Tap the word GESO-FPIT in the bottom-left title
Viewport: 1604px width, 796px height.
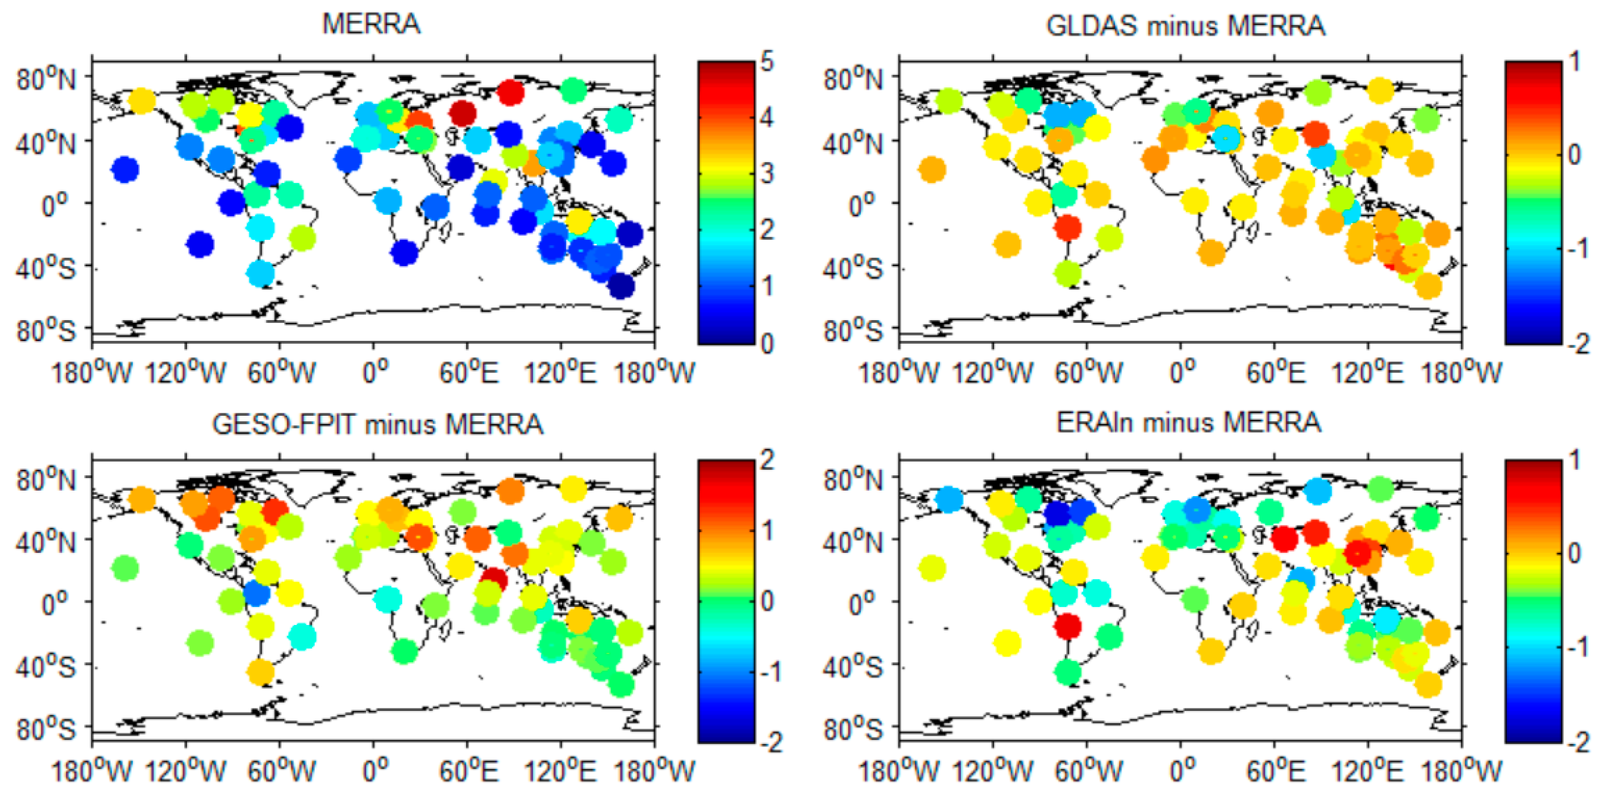click(284, 424)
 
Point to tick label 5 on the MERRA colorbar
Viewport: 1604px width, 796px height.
click(767, 62)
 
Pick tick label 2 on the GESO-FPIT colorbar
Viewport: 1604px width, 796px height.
click(767, 460)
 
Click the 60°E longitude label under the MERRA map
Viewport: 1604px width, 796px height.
click(468, 372)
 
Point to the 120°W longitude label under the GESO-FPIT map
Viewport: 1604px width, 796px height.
click(186, 772)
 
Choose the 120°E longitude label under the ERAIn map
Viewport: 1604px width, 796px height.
click(1368, 772)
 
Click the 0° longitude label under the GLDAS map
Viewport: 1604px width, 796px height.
click(1181, 372)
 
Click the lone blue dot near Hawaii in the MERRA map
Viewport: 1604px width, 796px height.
click(125, 169)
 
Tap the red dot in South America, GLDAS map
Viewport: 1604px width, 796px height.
click(1068, 228)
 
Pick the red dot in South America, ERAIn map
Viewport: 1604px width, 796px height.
click(1068, 626)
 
